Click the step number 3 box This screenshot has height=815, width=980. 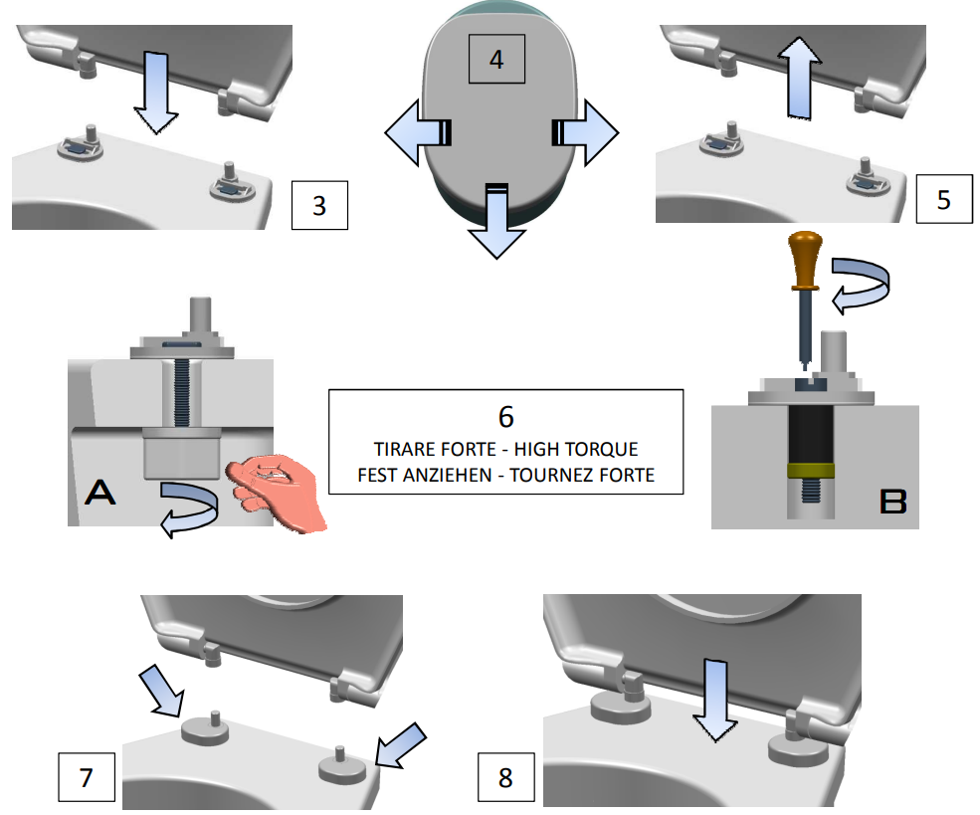[318, 205]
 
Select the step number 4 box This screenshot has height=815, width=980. [495, 58]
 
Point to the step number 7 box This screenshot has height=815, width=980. [87, 777]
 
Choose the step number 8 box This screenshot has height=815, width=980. [505, 776]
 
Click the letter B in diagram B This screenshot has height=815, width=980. [892, 503]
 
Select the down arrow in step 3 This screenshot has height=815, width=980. [155, 91]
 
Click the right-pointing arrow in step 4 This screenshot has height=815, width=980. [586, 131]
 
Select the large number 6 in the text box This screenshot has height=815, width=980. [505, 416]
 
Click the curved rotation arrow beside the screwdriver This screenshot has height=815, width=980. [862, 281]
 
